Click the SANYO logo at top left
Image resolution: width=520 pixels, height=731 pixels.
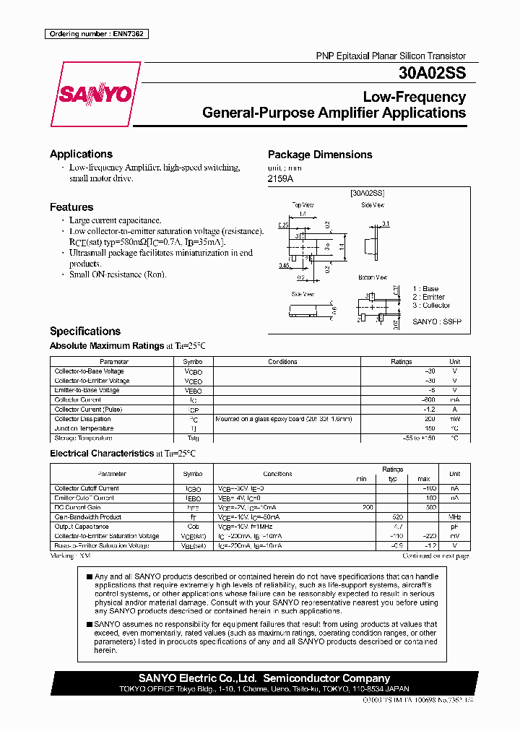coord(95,95)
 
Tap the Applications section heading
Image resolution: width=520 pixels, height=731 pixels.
coord(81,154)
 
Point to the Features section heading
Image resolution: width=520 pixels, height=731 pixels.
coord(71,207)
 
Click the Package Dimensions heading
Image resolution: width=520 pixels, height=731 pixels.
coord(320,155)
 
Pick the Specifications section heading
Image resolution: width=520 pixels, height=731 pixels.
coord(85,331)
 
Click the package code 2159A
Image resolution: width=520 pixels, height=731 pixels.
coord(281,178)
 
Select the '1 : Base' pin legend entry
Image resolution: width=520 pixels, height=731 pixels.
coord(425,289)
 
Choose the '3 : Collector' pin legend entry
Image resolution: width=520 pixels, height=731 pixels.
coord(431,306)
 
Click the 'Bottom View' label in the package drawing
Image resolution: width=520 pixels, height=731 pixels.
coord(373,277)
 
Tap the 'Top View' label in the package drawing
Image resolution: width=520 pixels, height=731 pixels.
coord(303,205)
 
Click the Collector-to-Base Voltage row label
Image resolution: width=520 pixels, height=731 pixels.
coord(90,371)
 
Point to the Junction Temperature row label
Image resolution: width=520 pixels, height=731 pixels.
coord(84,428)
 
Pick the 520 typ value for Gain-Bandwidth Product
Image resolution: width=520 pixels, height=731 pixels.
coord(396,517)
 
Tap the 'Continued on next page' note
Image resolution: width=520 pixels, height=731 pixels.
coord(435,556)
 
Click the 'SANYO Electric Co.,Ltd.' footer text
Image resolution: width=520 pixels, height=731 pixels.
coord(197,678)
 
